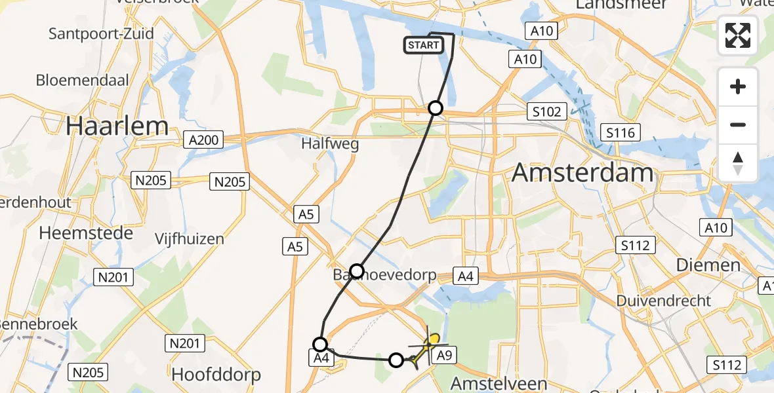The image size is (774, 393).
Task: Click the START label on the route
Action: pyautogui.click(x=424, y=45)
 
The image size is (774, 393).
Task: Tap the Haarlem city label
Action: pyautogui.click(x=117, y=125)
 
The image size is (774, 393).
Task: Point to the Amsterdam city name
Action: pyautogui.click(x=582, y=173)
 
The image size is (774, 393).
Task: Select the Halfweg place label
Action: pyautogui.click(x=330, y=144)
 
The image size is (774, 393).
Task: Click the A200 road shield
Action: pyautogui.click(x=205, y=140)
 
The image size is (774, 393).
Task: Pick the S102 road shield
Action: pyautogui.click(x=546, y=112)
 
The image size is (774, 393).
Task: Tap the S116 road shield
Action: pyautogui.click(x=620, y=134)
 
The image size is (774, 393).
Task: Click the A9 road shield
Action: pyautogui.click(x=444, y=356)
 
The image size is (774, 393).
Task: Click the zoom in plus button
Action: pyautogui.click(x=738, y=86)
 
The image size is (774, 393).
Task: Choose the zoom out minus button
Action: pyautogui.click(x=738, y=124)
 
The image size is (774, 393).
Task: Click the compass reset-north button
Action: pyautogui.click(x=738, y=162)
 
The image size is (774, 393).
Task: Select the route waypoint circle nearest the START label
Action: pyautogui.click(x=436, y=108)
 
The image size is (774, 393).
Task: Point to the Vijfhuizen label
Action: pyautogui.click(x=190, y=239)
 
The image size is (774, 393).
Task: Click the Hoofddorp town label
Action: pyautogui.click(x=216, y=375)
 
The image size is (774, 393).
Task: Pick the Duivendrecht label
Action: pyautogui.click(x=663, y=301)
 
